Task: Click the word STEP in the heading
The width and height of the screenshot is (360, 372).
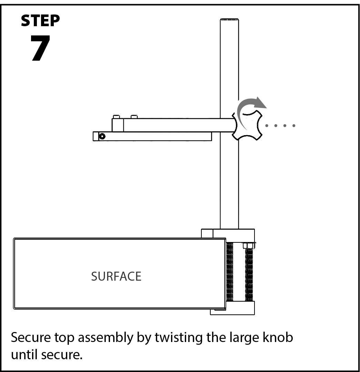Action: click(x=40, y=21)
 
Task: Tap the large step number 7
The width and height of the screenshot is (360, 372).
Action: click(x=40, y=48)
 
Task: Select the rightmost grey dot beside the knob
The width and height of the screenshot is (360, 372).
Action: click(x=294, y=125)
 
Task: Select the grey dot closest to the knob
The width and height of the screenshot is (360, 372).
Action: click(x=267, y=125)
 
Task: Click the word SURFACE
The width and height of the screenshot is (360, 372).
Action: click(x=116, y=277)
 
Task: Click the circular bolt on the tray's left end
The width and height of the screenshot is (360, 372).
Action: click(x=102, y=136)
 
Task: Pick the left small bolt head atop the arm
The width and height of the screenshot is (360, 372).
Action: click(x=117, y=117)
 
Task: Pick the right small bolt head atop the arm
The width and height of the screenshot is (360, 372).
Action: click(x=134, y=117)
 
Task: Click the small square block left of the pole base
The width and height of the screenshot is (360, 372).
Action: click(x=207, y=233)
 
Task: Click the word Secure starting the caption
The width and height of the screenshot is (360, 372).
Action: click(x=31, y=337)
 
